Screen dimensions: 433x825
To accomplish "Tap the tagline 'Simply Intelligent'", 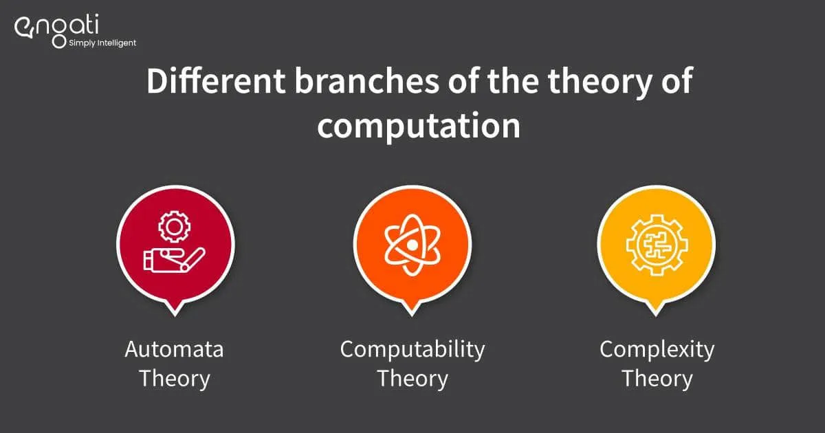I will pos(102,43).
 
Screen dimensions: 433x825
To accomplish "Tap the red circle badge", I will pos(176,244).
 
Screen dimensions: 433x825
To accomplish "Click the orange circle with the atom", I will pos(412,244).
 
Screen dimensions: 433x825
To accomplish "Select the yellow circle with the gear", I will pos(657,244).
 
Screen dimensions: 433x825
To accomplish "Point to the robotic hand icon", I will pos(172,260).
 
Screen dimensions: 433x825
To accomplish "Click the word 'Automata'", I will pos(174,349).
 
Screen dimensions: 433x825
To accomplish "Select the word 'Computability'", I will pos(412,349).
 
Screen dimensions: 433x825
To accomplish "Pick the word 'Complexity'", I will pos(657,349).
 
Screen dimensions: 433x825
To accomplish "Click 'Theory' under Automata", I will pos(174,379).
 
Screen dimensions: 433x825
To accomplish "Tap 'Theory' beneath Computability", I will pos(412,379).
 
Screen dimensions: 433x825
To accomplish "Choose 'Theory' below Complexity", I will pos(657,379).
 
